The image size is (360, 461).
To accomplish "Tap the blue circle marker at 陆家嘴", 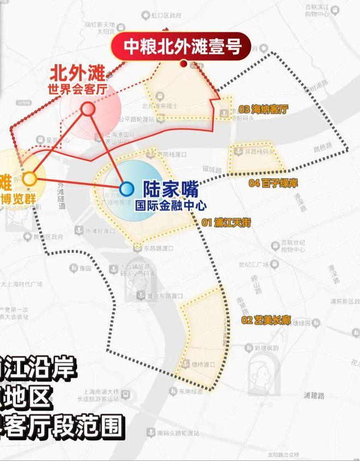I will coord(127,189).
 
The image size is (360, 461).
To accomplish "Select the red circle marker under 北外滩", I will coord(87,109).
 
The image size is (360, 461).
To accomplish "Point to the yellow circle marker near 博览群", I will coord(29,179).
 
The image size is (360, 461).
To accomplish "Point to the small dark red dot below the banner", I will coord(184,64).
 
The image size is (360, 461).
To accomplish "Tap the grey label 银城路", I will coord(211,170).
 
